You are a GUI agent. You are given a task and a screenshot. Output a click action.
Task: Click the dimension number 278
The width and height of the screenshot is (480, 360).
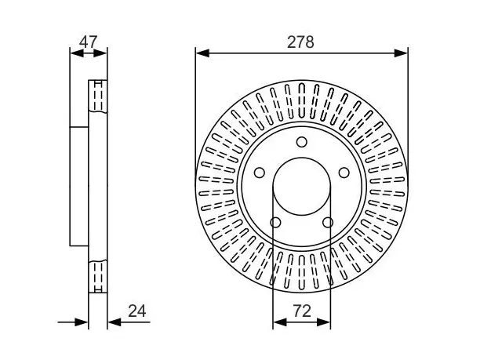click(300, 42)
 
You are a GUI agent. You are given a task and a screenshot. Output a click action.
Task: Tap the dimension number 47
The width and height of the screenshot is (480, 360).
click(88, 42)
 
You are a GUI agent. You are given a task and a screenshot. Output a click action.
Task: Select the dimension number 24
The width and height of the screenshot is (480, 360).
click(136, 311)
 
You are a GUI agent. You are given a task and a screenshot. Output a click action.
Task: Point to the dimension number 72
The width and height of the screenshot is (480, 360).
click(302, 311)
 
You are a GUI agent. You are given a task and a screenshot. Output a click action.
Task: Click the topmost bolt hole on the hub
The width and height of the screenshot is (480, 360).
click(302, 142)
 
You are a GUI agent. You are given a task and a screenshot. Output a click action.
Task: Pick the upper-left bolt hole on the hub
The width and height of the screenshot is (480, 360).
click(260, 173)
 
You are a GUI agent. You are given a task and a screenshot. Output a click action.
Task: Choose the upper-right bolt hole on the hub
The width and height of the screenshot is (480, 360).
click(344, 173)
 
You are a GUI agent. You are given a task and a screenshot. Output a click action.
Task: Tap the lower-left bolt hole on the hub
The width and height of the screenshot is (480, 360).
click(275, 223)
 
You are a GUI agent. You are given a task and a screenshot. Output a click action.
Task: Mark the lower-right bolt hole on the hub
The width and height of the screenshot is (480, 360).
click(328, 223)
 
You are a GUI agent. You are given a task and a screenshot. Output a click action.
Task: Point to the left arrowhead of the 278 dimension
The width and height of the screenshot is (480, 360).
click(202, 53)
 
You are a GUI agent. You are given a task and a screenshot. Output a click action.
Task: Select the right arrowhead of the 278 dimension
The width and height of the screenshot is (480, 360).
click(401, 53)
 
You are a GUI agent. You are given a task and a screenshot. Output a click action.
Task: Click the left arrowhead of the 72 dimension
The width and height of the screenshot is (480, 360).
click(279, 322)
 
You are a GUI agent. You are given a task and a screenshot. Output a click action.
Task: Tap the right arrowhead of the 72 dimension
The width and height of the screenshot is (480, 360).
click(324, 322)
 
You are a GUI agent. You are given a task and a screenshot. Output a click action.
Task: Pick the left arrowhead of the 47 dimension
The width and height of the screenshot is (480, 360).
click(77, 53)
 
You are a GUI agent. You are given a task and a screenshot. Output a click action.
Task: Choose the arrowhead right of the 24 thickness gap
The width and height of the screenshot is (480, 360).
click(115, 322)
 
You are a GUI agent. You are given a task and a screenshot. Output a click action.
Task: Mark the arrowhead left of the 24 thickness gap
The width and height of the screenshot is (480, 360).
click(82, 322)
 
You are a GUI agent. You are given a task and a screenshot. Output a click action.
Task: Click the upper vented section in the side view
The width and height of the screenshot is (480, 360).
click(98, 96)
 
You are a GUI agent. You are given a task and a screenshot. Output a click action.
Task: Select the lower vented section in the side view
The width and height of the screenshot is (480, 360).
click(98, 276)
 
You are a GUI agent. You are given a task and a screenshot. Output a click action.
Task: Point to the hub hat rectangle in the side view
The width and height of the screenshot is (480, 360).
click(79, 186)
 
